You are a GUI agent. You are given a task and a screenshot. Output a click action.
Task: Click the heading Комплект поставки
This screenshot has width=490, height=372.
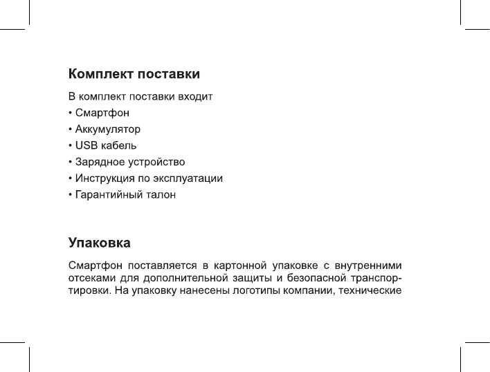click(134, 73)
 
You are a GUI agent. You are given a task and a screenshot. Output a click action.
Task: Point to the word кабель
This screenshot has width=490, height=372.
click(118, 145)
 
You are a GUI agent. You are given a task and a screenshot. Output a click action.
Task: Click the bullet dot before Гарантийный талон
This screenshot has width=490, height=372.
click(70, 196)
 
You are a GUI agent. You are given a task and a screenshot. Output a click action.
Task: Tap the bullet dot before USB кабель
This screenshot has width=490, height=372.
click(70, 146)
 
